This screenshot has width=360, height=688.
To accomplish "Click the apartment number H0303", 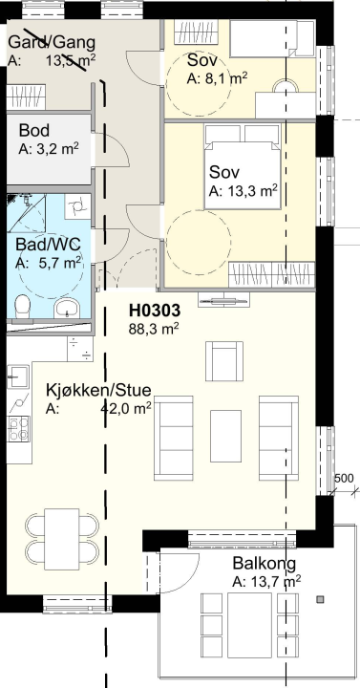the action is click(x=155, y=311).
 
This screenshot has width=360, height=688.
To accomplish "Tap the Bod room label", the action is click(x=34, y=130).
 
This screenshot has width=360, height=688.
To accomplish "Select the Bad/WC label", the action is click(x=49, y=244).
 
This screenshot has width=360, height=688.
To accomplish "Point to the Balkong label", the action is click(x=264, y=563).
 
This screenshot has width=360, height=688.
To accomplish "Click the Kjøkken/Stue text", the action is click(x=98, y=390).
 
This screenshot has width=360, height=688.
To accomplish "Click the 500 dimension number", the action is click(x=344, y=479).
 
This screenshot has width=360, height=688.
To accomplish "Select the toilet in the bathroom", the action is click(x=22, y=306).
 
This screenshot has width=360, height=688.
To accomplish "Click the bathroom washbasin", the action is click(x=67, y=309).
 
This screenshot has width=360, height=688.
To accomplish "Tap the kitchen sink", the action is click(x=18, y=376).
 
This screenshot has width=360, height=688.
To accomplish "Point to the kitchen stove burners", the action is click(x=18, y=429).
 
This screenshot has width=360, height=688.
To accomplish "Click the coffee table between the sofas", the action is click(x=225, y=436).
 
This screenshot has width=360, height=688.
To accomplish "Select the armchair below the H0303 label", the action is click(x=224, y=361).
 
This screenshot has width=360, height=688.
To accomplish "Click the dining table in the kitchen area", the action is click(x=62, y=539).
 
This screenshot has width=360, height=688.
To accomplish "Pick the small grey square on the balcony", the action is click(x=321, y=599).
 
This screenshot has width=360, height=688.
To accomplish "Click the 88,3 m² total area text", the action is click(x=154, y=329).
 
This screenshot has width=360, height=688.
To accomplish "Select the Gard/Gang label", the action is click(x=52, y=43).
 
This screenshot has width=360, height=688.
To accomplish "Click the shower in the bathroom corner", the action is click(x=27, y=213).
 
